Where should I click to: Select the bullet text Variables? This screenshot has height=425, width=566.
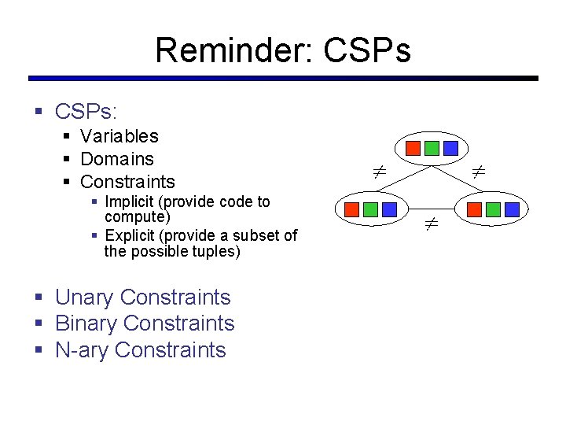(x=119, y=136)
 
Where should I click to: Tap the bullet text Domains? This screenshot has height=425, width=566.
(x=117, y=159)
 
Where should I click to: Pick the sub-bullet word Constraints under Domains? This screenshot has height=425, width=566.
(x=127, y=182)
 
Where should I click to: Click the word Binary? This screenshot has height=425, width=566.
(x=86, y=323)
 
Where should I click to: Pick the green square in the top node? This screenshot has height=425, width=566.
(x=432, y=148)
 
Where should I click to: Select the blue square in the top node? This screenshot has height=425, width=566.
(x=450, y=148)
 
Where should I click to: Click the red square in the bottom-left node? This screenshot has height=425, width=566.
(x=352, y=210)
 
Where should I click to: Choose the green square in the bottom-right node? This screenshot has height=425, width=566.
(x=493, y=210)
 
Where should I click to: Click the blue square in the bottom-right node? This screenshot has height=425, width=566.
(x=512, y=210)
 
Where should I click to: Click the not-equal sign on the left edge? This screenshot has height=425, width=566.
(x=378, y=170)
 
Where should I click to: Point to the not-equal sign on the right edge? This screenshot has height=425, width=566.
(x=478, y=170)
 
